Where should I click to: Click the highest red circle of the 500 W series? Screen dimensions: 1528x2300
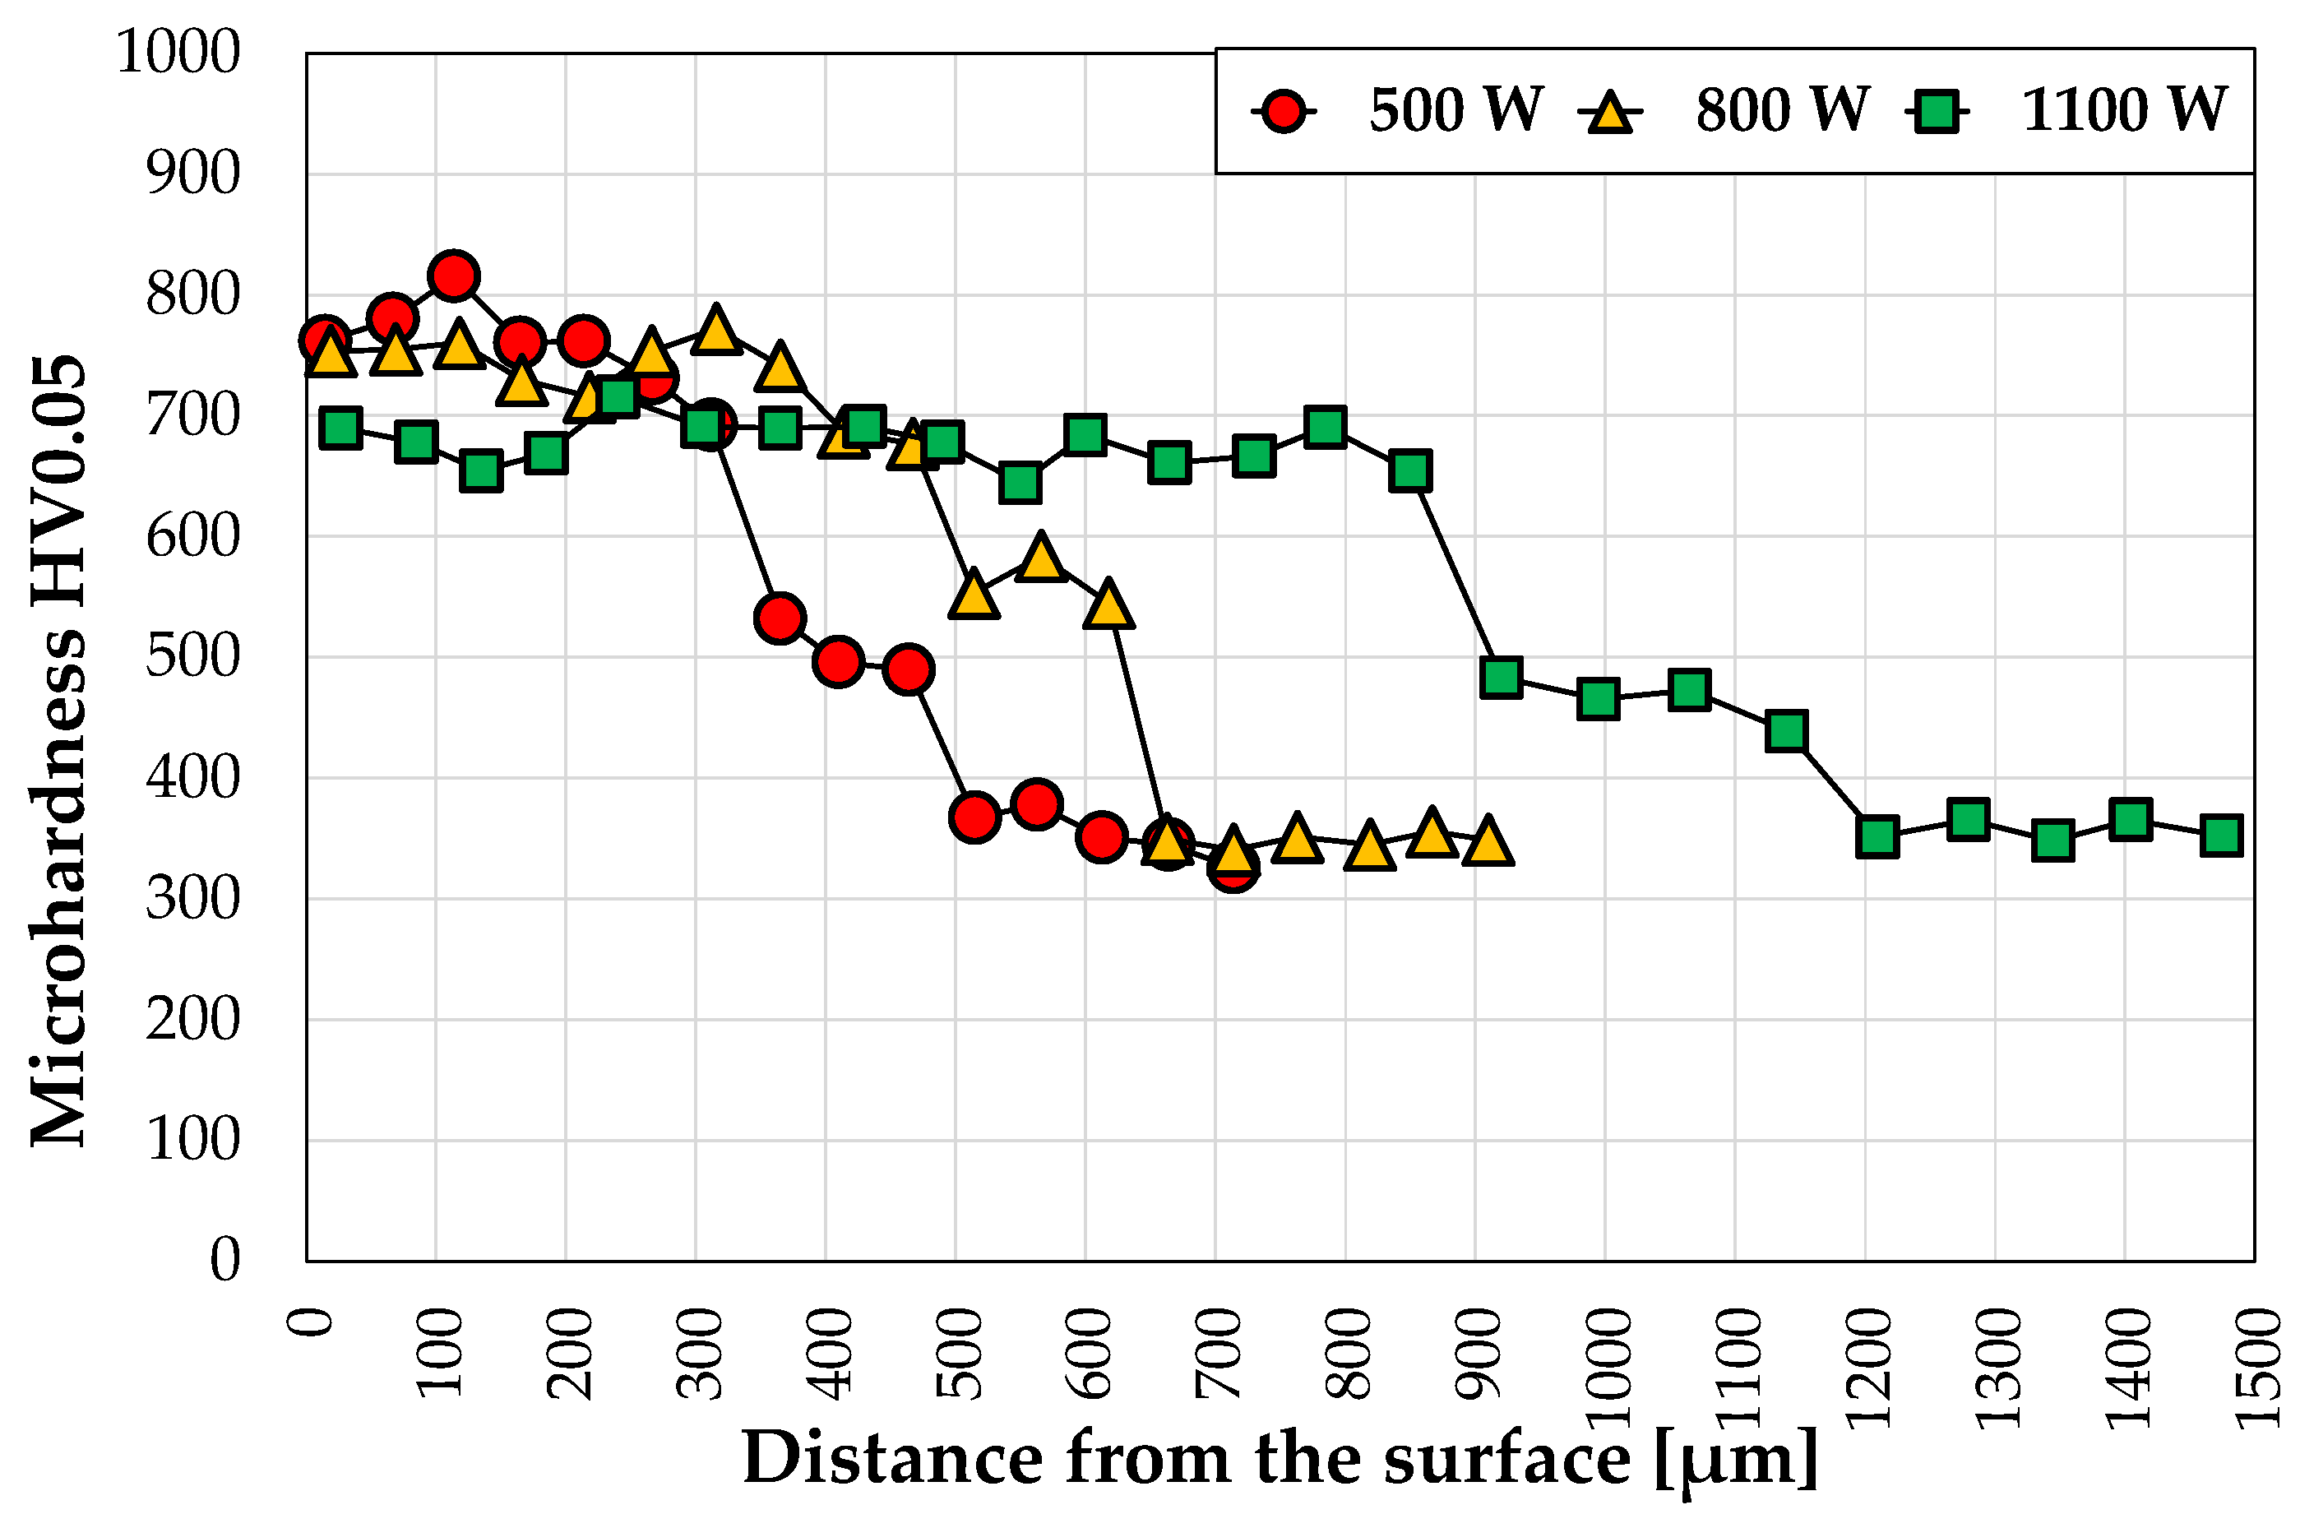point(453,276)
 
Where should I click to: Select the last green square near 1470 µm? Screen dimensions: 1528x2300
point(2221,836)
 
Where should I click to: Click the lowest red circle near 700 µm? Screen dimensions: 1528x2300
point(1233,866)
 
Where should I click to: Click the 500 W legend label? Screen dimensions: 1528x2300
point(1455,109)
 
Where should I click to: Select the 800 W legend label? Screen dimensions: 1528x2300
point(1781,109)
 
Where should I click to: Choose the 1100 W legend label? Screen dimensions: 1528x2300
point(2124,109)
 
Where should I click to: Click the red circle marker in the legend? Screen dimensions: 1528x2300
point(1284,112)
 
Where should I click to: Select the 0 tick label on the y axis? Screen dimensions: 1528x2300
point(225,1260)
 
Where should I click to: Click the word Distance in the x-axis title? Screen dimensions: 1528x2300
point(892,1459)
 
